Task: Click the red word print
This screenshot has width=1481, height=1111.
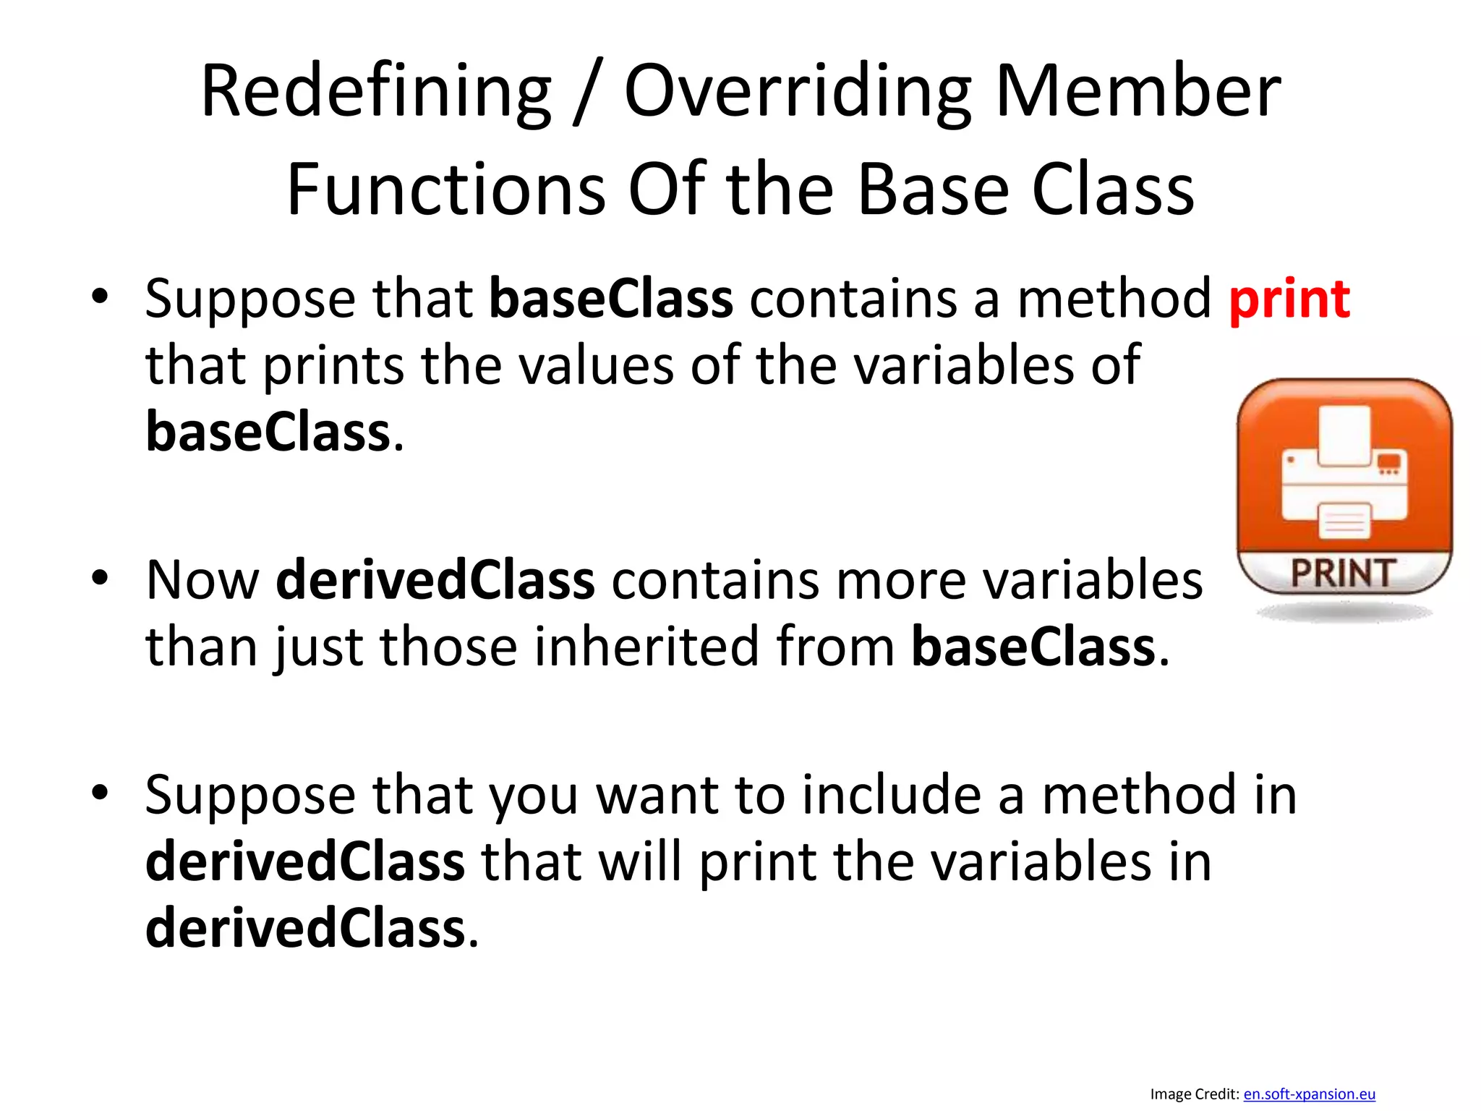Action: [1289, 299]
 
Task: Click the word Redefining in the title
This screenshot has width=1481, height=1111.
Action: [375, 92]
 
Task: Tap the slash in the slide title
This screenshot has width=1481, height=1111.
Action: [586, 94]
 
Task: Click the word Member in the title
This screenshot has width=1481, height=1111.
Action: [1138, 92]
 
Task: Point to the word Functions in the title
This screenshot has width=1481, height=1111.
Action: [446, 190]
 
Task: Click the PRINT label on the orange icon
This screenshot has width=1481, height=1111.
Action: [1344, 574]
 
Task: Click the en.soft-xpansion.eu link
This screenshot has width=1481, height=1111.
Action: [1309, 1094]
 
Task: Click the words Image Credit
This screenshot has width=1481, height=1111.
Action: [1194, 1094]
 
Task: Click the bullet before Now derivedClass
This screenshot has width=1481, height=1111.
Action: [100, 579]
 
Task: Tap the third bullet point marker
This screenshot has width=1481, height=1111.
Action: [100, 793]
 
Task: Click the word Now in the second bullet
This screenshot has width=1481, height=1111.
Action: [202, 580]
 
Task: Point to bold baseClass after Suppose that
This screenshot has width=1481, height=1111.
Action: [611, 299]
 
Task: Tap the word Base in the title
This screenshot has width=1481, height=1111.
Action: [933, 190]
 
